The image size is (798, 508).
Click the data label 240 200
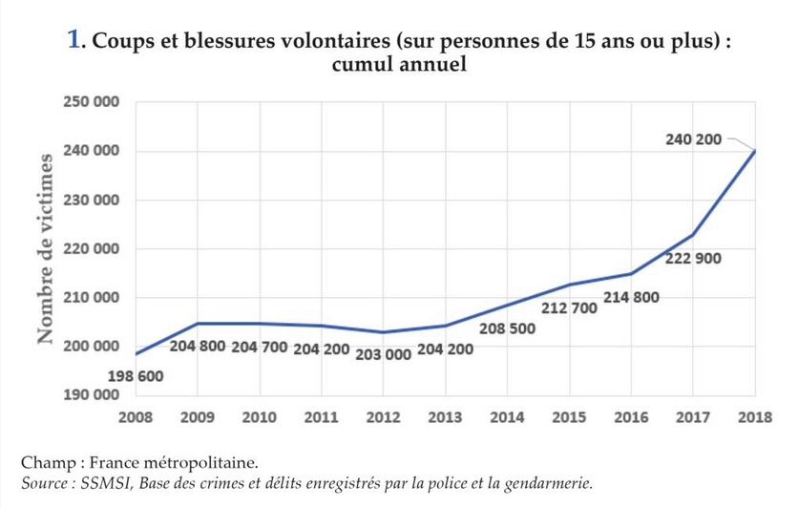pyautogui.click(x=694, y=140)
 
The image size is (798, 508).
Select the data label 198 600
pyautogui.click(x=135, y=377)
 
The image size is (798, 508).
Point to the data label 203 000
pyautogui.click(x=383, y=354)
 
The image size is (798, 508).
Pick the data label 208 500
pyautogui.click(x=507, y=328)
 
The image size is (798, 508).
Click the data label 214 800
pyautogui.click(x=632, y=298)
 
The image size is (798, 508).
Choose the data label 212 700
pyautogui.click(x=570, y=308)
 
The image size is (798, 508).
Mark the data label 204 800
pyautogui.click(x=198, y=346)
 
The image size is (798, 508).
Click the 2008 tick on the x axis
pyautogui.click(x=135, y=416)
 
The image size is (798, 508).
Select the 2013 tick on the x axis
pyautogui.click(x=445, y=416)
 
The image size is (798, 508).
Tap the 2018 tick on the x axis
pyautogui.click(x=755, y=416)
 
